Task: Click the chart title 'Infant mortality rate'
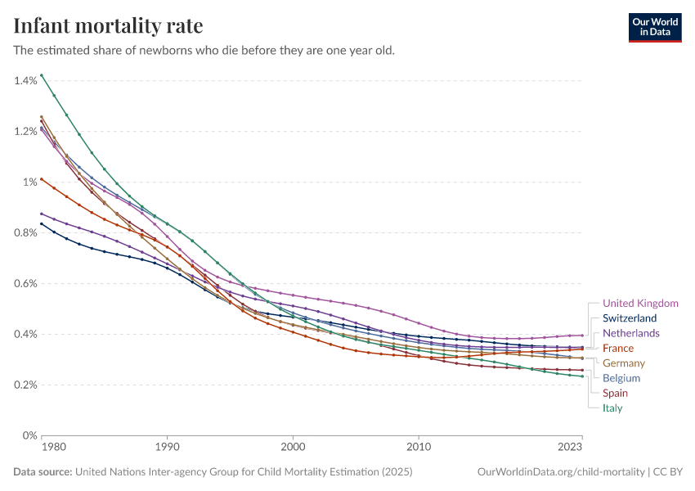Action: coord(108,25)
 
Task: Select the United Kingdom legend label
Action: coord(640,304)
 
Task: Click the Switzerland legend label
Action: coord(630,318)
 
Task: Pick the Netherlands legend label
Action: coord(631,333)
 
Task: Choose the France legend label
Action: coord(618,349)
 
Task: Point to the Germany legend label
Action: coord(624,363)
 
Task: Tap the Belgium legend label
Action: coord(621,378)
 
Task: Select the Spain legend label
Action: coord(616,393)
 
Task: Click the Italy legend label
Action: coord(612,408)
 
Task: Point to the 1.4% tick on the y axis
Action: coord(25,80)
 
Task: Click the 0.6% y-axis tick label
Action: coord(25,283)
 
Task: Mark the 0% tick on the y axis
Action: coord(30,435)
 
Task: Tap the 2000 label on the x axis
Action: coord(293,448)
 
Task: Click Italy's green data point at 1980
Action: coord(41,75)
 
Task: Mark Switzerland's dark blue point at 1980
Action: coord(41,223)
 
